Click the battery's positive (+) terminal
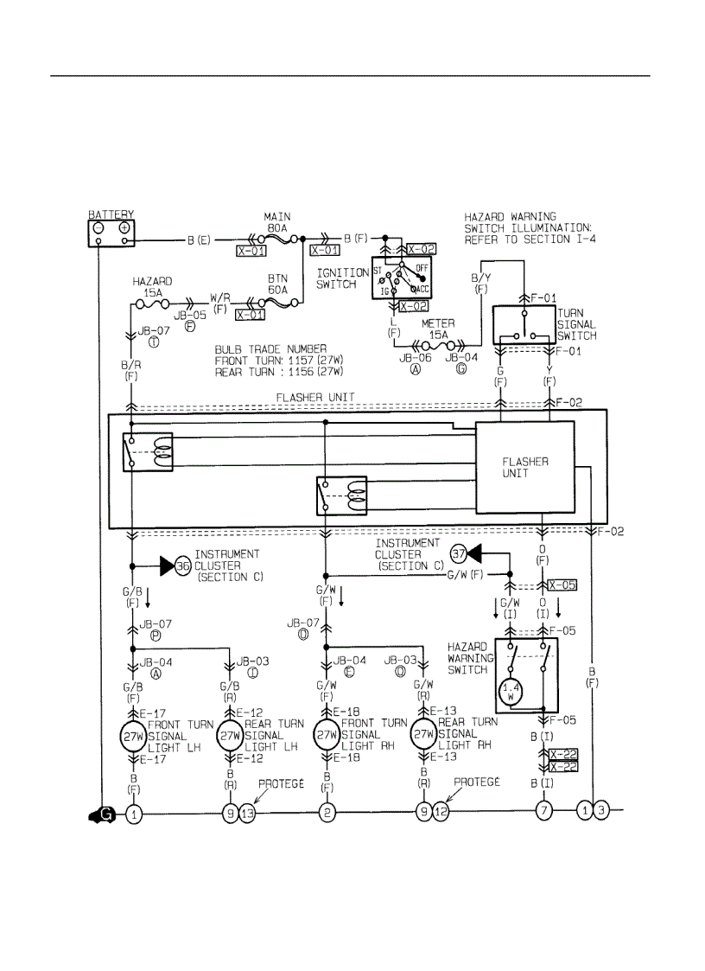tap(125, 228)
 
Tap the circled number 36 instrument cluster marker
tap(182, 565)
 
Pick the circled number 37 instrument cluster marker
tap(460, 553)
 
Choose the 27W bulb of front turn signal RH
tap(327, 735)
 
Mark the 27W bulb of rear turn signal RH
tap(423, 735)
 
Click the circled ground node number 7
tap(543, 812)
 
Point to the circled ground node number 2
tap(327, 812)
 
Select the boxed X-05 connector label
tap(563, 585)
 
